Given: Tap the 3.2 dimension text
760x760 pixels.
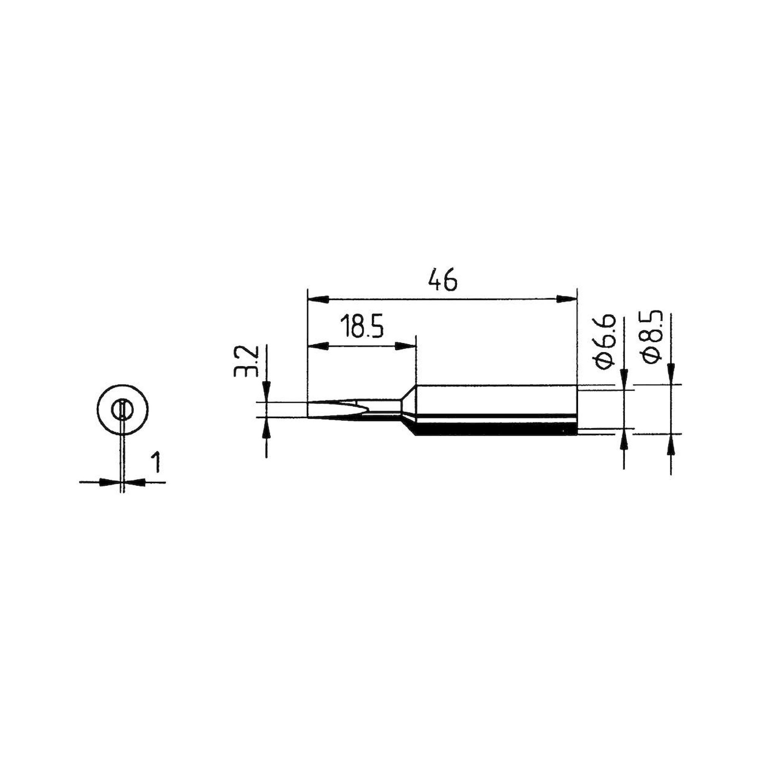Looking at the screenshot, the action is (245, 361).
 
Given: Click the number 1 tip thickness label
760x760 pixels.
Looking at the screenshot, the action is (156, 462).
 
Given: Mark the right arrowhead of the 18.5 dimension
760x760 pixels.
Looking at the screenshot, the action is (405, 347).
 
